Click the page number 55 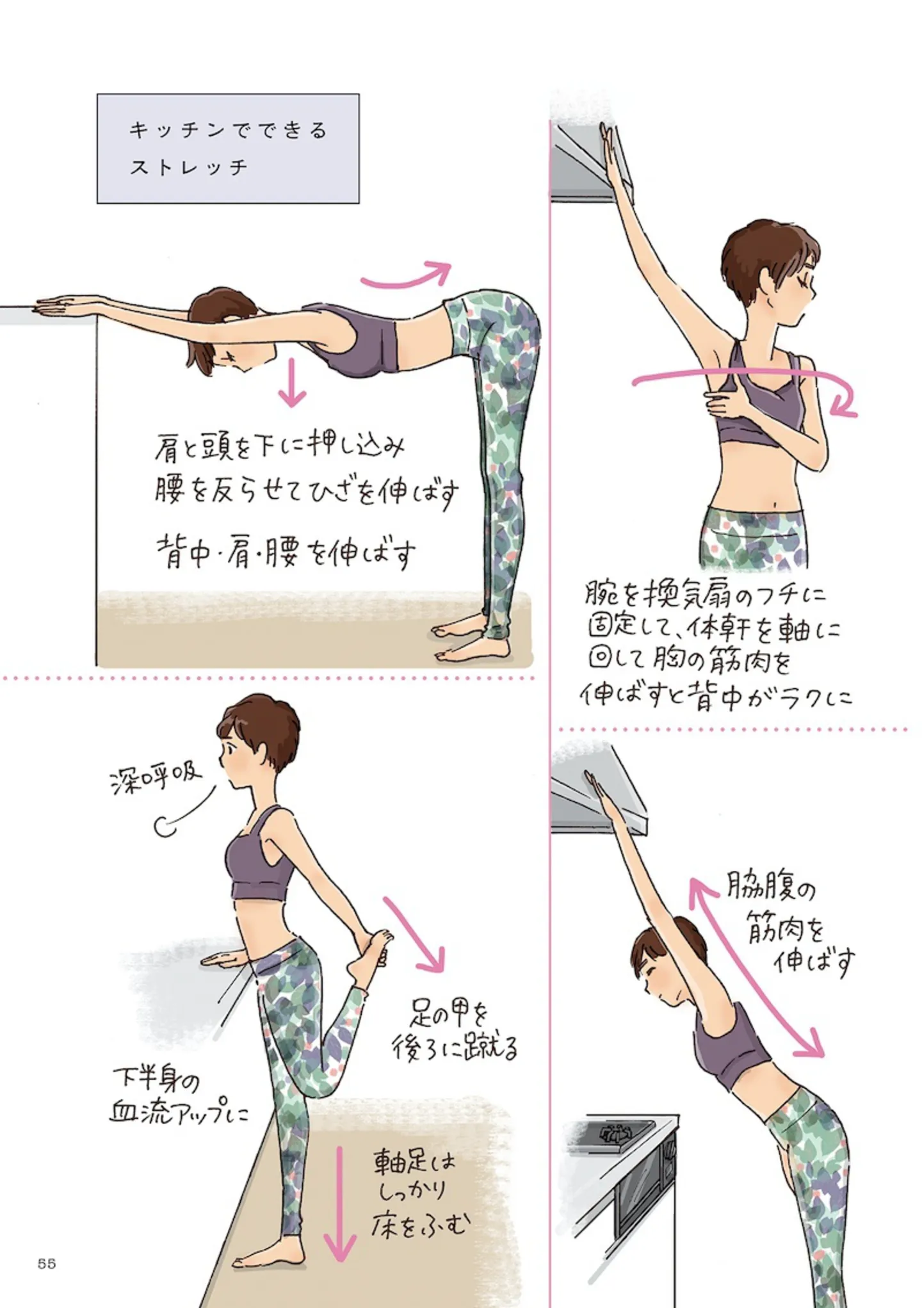[x=47, y=1263]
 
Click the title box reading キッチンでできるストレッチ [x=228, y=149]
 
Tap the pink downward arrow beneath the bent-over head [x=292, y=383]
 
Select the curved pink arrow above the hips [x=406, y=275]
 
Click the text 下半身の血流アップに [x=179, y=1097]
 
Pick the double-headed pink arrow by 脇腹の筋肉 [x=756, y=967]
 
